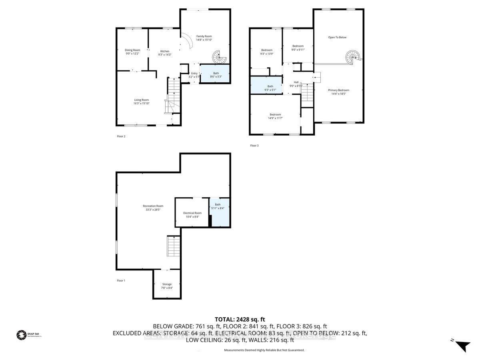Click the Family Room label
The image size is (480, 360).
tap(204, 36)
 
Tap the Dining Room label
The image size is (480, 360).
tap(133, 50)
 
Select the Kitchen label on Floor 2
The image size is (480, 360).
tap(165, 51)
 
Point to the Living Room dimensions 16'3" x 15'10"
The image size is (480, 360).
tap(141, 104)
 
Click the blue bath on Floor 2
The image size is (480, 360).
tap(216, 74)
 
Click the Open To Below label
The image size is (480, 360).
tap(337, 38)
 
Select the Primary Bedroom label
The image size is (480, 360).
tap(339, 90)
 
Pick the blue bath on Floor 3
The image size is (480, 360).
tap(270, 88)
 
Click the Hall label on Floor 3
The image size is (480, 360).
tap(296, 82)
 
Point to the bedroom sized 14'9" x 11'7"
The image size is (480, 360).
tap(275, 116)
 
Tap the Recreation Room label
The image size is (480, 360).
tap(153, 206)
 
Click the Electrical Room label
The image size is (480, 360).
tap(192, 213)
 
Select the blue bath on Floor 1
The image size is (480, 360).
tap(220, 212)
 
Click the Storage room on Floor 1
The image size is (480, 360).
tap(167, 286)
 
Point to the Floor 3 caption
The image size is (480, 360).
tap(254, 146)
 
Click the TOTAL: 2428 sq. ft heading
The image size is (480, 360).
tap(240, 319)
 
